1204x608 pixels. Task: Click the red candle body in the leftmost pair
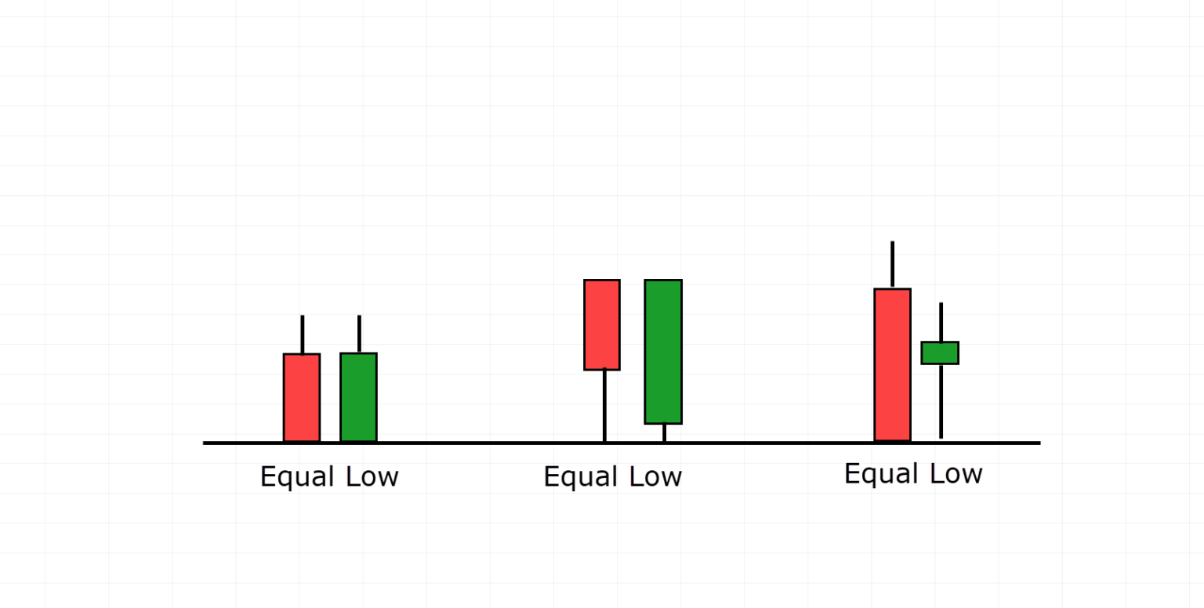tap(302, 397)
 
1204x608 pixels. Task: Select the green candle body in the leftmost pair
tap(358, 397)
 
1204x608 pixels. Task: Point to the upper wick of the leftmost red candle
tap(302, 335)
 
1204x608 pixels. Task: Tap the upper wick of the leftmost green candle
tap(359, 335)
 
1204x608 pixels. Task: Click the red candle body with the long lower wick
tap(602, 324)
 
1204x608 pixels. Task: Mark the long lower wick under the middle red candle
tap(604, 405)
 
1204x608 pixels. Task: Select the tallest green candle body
tap(663, 352)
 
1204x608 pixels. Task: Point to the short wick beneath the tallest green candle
tap(664, 432)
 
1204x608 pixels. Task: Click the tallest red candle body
tap(893, 364)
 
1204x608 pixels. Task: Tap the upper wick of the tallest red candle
tap(892, 265)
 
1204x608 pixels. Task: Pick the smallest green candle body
tap(940, 353)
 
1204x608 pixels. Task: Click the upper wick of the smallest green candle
tap(941, 322)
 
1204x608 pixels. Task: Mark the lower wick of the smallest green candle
tap(941, 400)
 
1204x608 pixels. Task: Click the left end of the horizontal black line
tap(206, 443)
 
